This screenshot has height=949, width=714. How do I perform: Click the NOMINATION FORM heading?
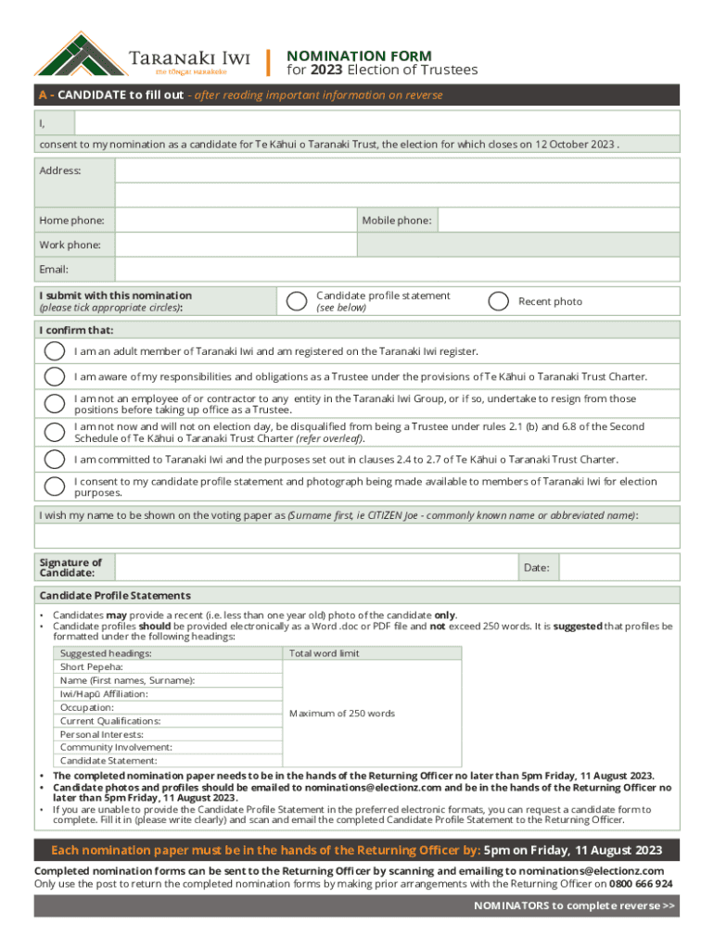pos(359,56)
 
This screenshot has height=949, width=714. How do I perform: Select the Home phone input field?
pos(236,221)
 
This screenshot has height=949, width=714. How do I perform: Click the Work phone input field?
pos(236,245)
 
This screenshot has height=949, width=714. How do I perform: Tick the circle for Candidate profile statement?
pos(297,301)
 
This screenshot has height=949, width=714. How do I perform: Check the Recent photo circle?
pos(499,301)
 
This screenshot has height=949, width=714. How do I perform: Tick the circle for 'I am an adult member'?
pos(56,351)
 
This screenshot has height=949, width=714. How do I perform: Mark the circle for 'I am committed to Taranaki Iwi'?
pos(56,460)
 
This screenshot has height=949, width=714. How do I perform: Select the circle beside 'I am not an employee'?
pos(56,404)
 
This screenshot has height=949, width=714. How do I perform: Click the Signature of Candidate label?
pos(70,568)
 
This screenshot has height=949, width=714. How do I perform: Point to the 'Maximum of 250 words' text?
pos(341,714)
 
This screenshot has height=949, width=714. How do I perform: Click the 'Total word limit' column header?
pos(324,653)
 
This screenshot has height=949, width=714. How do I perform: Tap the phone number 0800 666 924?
pos(641,884)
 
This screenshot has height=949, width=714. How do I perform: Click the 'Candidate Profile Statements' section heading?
pos(115,595)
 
